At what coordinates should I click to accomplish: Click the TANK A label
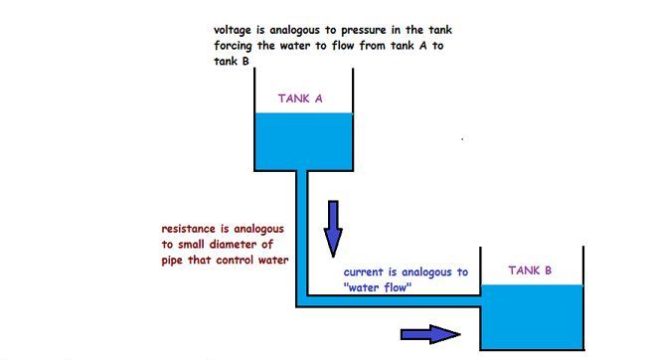click(x=299, y=98)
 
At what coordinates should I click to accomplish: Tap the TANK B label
click(x=530, y=270)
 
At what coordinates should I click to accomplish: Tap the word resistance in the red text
click(x=191, y=229)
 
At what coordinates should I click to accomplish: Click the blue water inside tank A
click(x=303, y=139)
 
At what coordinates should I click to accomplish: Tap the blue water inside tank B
click(x=531, y=316)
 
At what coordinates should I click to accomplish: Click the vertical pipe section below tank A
click(x=302, y=229)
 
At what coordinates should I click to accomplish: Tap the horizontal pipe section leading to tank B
click(x=398, y=301)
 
